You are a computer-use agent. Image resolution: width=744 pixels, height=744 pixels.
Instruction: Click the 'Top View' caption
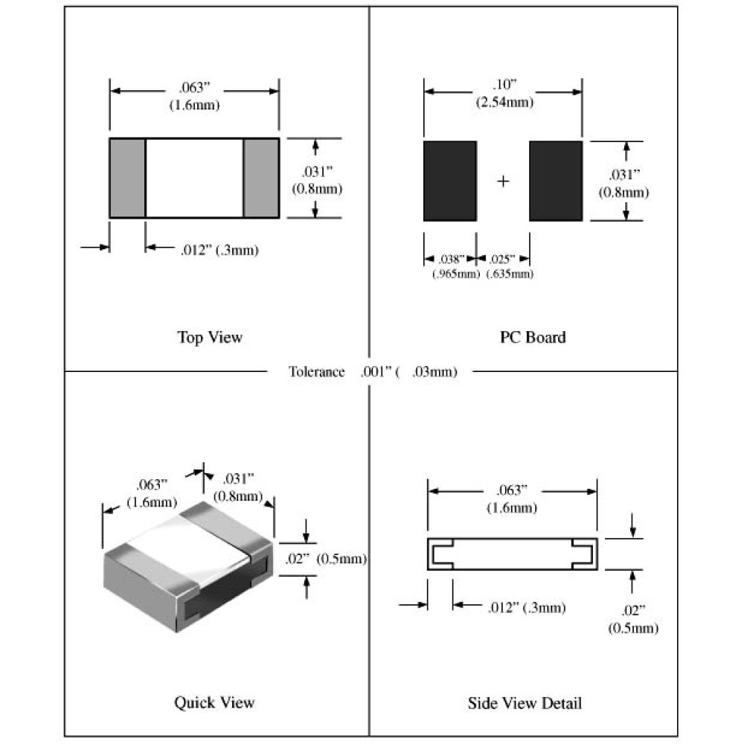tap(210, 337)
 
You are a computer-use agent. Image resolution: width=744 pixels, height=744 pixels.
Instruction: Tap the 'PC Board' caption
tap(533, 337)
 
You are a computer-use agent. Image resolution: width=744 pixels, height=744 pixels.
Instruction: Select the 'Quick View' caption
tap(214, 702)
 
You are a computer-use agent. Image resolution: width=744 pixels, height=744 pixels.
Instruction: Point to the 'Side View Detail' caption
tap(525, 702)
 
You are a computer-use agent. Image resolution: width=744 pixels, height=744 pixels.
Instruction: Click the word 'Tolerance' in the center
tap(317, 372)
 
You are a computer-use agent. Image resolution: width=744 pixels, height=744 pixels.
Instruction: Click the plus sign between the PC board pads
tap(503, 181)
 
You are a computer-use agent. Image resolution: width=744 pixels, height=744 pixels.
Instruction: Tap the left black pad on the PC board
tap(449, 181)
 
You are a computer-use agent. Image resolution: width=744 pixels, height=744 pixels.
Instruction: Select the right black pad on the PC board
tap(556, 181)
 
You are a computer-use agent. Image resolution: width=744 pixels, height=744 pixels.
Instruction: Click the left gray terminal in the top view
tap(127, 178)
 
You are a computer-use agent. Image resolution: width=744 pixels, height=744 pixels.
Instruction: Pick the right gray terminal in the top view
tap(261, 178)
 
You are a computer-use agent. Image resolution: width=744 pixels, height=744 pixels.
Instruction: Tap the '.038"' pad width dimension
tap(450, 259)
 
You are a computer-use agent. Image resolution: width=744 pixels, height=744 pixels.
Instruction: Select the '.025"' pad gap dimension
tap(501, 259)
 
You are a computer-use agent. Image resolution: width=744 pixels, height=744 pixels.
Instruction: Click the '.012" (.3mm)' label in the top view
tap(219, 250)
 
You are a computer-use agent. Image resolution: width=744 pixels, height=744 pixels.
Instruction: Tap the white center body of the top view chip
tap(194, 178)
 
